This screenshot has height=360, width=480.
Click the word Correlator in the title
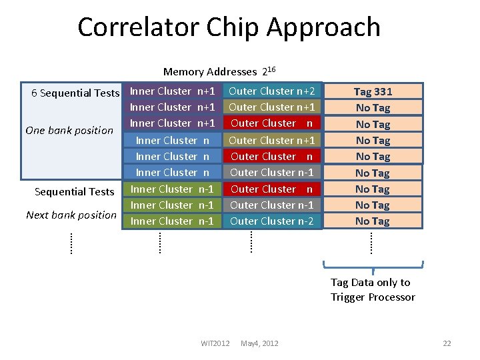tap(139, 27)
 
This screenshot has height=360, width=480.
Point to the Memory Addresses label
tap(210, 72)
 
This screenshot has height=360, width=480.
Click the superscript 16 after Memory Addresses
tap(272, 69)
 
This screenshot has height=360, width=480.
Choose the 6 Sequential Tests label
tap(75, 93)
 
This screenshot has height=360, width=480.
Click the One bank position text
tap(69, 130)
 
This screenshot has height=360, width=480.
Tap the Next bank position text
tap(71, 215)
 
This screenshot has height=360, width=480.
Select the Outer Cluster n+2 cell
tap(272, 91)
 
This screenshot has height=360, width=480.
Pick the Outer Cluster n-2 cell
tap(272, 221)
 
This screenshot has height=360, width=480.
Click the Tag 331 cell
tap(373, 91)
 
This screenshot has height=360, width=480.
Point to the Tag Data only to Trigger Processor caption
tap(372, 290)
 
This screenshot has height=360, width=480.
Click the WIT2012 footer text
tap(215, 343)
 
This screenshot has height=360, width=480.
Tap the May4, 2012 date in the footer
tap(259, 343)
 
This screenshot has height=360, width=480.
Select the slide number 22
tap(447, 343)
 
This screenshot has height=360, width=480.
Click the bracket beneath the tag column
tap(372, 266)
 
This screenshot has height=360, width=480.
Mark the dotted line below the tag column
tap(371, 241)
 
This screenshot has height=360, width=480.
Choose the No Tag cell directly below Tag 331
tap(373, 107)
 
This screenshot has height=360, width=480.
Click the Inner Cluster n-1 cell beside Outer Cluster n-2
tap(172, 221)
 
